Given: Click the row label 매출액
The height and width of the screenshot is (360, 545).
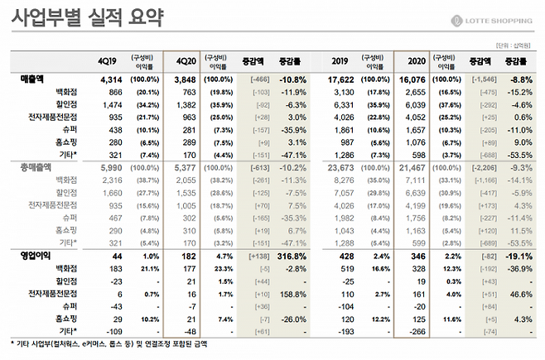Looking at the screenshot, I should click(x=32, y=79).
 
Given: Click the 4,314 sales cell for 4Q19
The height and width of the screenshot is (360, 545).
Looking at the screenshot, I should click(x=111, y=79).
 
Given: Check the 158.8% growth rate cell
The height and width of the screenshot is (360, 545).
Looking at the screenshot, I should click(x=292, y=294).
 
